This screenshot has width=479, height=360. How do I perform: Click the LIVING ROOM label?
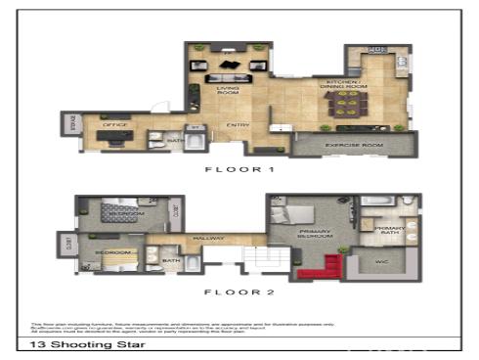point(229,90)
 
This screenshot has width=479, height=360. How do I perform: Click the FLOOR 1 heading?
point(238,169)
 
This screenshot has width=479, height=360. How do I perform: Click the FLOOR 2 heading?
point(238,291)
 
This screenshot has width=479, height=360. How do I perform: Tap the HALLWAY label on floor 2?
point(210,240)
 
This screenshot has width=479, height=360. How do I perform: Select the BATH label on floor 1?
point(176,140)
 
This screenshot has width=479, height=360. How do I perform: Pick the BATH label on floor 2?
point(171,260)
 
